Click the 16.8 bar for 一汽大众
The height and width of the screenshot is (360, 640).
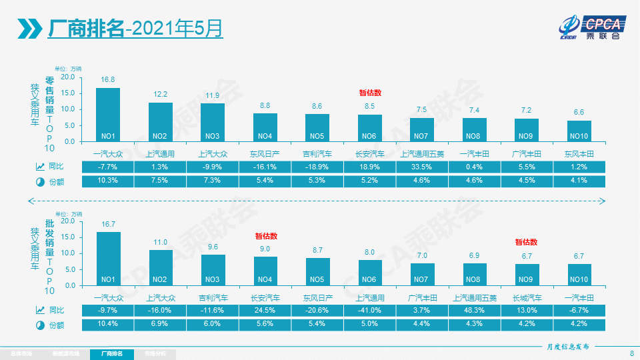click(108, 115)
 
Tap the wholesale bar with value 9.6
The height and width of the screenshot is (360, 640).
click(213, 270)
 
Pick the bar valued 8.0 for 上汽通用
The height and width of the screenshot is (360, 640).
click(370, 273)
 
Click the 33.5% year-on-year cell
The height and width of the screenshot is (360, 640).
click(421, 166)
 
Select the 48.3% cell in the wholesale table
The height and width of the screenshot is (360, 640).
click(475, 310)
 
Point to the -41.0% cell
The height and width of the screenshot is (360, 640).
click(370, 310)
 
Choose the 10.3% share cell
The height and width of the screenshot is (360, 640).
click(107, 181)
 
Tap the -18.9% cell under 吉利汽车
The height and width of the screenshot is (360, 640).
click(317, 166)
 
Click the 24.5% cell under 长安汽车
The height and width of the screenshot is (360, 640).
click(265, 310)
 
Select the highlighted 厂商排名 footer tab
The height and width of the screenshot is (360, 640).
click(111, 353)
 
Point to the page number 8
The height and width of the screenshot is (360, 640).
click(631, 353)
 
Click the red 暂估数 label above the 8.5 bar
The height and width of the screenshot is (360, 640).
click(370, 93)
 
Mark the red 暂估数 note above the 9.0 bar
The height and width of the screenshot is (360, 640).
click(265, 236)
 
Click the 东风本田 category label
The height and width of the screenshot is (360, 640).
click(579, 153)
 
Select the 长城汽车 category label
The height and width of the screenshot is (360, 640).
click(527, 297)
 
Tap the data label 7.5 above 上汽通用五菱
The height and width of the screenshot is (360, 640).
click(421, 110)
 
